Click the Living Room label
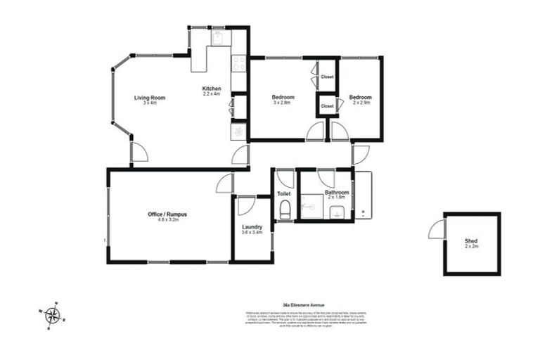coord(149,97)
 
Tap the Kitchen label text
coord(212,88)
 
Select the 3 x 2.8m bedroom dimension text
coord(283,103)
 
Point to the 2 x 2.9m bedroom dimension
coord(361,103)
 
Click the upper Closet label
coord(327,77)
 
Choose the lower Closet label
coord(327,105)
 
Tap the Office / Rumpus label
coord(167,213)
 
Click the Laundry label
coord(252,226)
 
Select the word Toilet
coord(283,193)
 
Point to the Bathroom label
coord(337,192)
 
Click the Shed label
coord(471,241)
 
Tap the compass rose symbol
coord(52,315)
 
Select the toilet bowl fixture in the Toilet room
coord(284,209)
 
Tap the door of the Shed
coord(437,228)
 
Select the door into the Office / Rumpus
coord(225,183)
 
